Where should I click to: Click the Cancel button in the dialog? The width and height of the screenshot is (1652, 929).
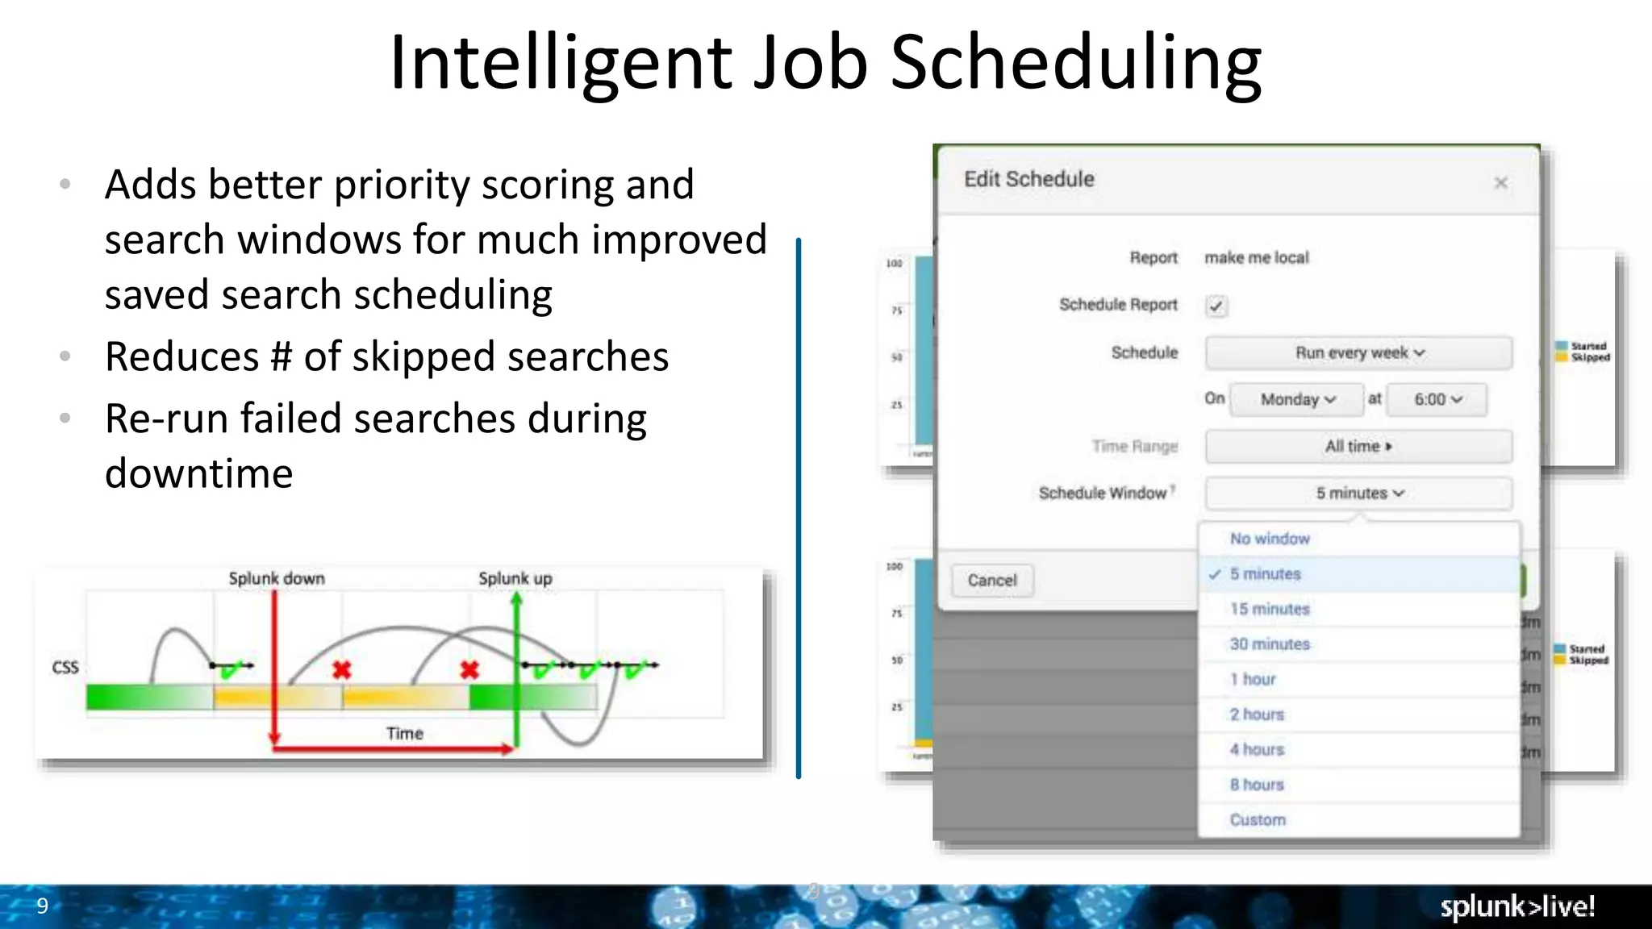(x=991, y=581)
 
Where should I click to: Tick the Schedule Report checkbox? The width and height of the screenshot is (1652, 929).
(x=1216, y=306)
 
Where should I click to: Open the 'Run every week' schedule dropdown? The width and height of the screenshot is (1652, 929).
(x=1358, y=353)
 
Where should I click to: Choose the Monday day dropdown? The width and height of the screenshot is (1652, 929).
(x=1297, y=400)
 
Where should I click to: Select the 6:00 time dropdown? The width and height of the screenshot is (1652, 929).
(x=1437, y=400)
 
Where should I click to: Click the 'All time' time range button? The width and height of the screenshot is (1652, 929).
(x=1358, y=447)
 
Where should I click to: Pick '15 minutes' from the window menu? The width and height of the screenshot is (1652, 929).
(x=1270, y=610)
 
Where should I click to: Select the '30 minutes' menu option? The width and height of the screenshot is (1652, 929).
(x=1270, y=644)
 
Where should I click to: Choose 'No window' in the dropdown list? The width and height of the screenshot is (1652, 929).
(x=1270, y=539)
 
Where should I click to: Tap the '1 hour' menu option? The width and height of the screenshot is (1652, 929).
(x=1253, y=680)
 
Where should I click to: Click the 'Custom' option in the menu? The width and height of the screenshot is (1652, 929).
(x=1258, y=820)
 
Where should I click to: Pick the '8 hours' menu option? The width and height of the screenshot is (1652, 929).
(x=1257, y=785)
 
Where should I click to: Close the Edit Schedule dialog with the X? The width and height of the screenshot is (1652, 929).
(x=1500, y=183)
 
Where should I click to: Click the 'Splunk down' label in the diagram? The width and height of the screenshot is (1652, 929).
(x=277, y=578)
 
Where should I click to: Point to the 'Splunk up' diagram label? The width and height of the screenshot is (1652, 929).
(x=515, y=578)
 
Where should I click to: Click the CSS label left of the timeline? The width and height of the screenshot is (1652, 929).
(x=65, y=668)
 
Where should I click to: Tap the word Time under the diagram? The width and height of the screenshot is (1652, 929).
(x=405, y=734)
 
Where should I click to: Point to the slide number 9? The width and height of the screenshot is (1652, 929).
(x=43, y=906)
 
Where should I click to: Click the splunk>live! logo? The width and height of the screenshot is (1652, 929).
(x=1517, y=906)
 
